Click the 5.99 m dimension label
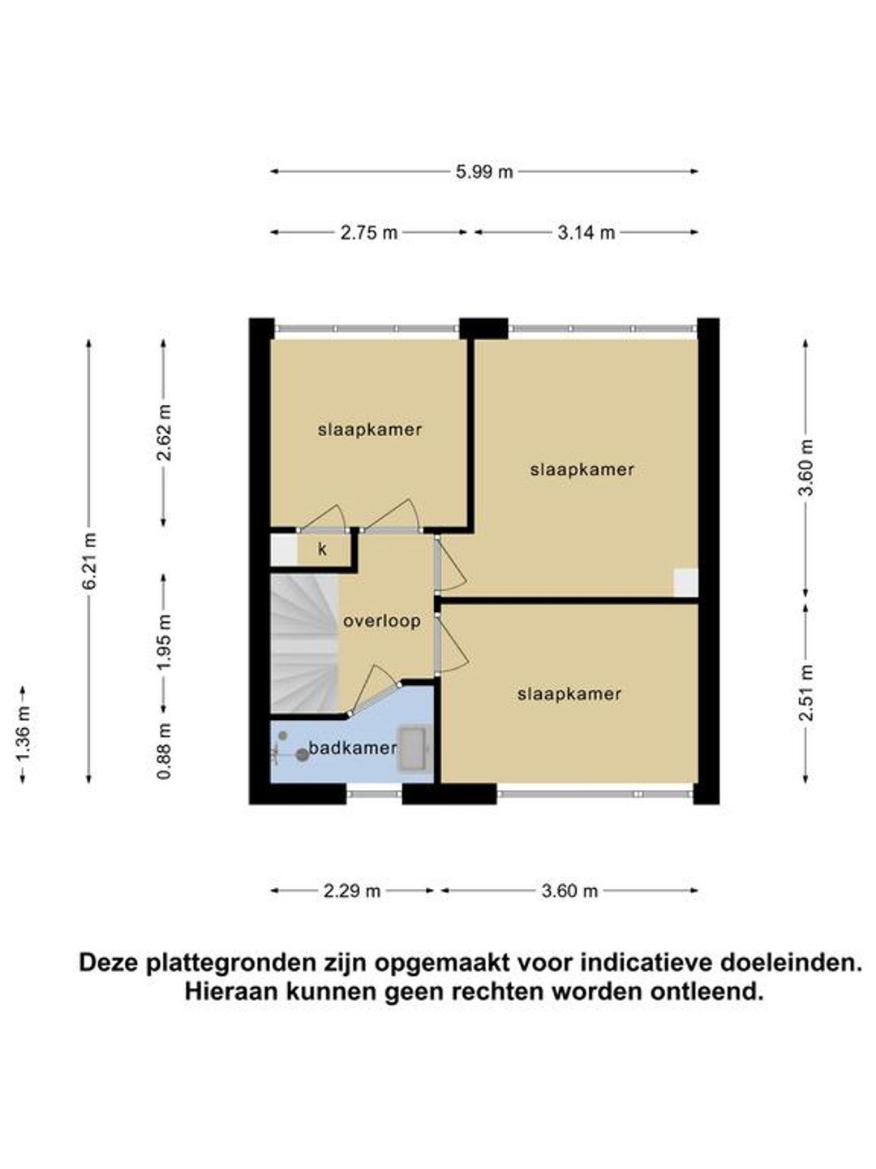(x=484, y=172)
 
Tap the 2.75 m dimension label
(x=368, y=233)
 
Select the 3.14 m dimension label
(x=586, y=233)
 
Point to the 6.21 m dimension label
(x=90, y=561)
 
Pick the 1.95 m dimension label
(x=165, y=643)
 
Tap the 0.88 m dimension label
(x=165, y=751)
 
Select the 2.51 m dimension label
(x=807, y=693)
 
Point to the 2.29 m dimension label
(x=351, y=891)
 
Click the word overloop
(x=382, y=621)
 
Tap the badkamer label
(x=353, y=748)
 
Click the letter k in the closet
(x=322, y=550)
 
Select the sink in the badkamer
(x=413, y=748)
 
